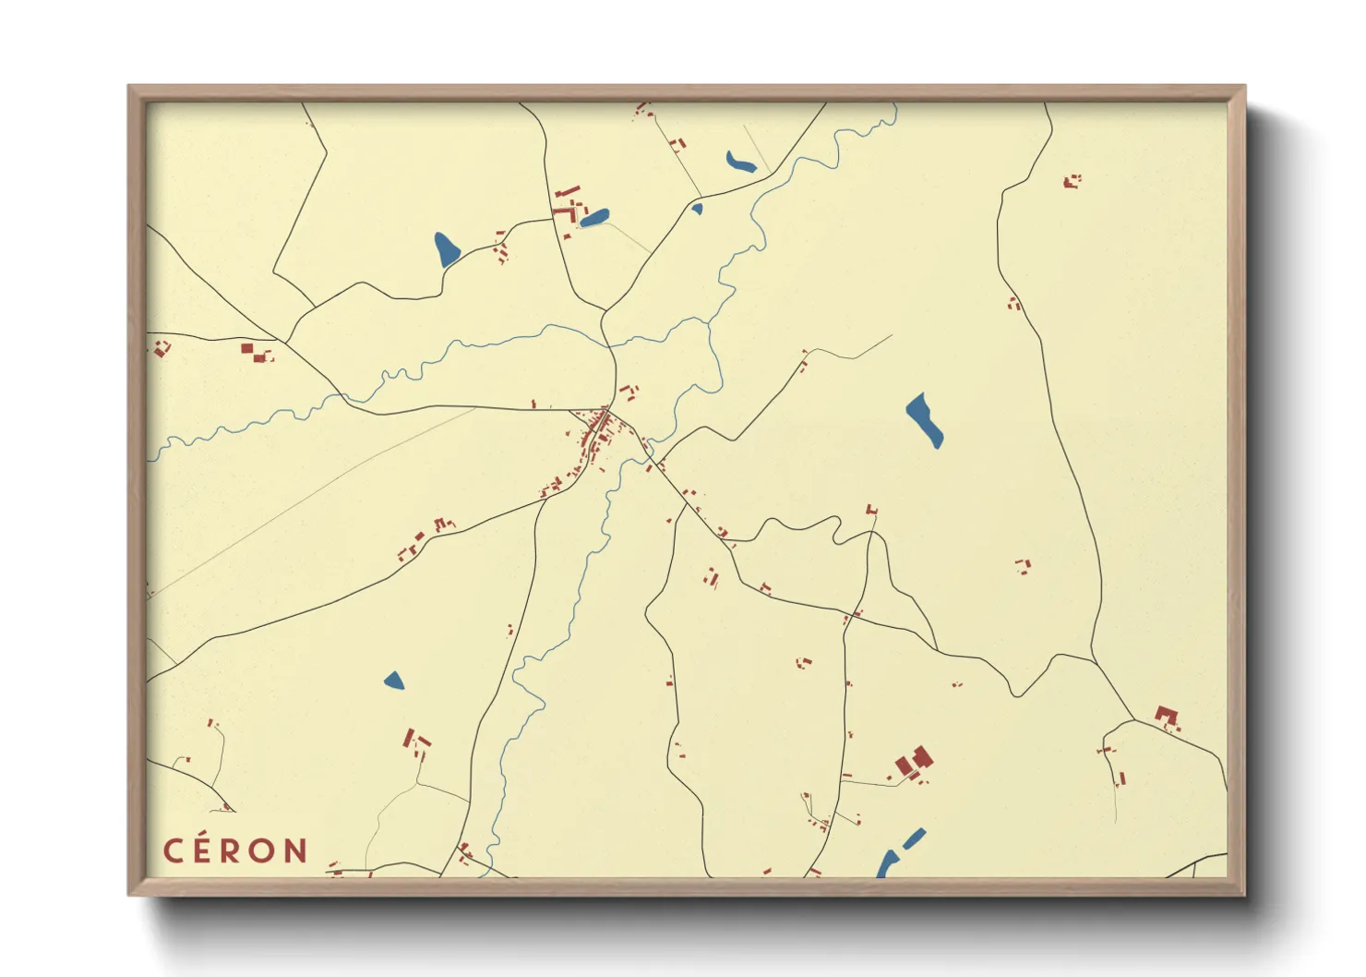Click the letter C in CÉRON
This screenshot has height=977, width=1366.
tap(174, 850)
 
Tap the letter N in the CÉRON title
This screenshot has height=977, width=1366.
tap(296, 850)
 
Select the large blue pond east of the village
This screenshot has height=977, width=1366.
tap(924, 420)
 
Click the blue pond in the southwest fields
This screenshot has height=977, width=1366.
tap(394, 681)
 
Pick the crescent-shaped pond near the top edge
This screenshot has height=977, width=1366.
tap(740, 163)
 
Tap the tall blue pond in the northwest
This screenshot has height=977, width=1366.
tap(447, 248)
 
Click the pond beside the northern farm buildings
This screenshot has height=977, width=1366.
tap(594, 218)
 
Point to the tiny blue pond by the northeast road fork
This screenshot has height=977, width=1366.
tap(697, 209)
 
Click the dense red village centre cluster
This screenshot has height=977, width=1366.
tap(598, 430)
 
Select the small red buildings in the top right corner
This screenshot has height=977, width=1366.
tap(1072, 181)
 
